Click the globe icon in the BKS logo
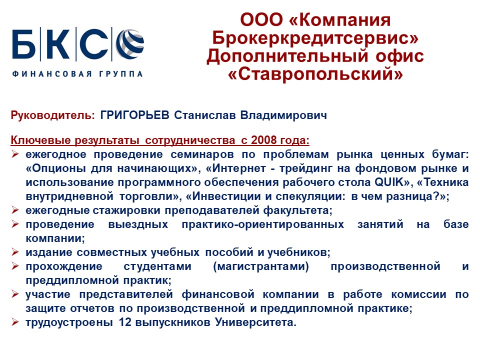[130, 44]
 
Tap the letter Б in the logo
[24, 44]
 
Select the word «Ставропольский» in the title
[315, 73]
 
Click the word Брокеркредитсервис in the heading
[315, 37]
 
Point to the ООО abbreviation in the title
[261, 20]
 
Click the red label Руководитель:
[52, 115]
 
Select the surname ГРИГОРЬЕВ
[134, 115]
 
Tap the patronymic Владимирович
[283, 115]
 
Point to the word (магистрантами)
[261, 266]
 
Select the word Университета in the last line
[256, 322]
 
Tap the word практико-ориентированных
[262, 224]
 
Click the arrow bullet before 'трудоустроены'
[15, 321]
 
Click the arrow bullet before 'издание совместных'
[15, 251]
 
